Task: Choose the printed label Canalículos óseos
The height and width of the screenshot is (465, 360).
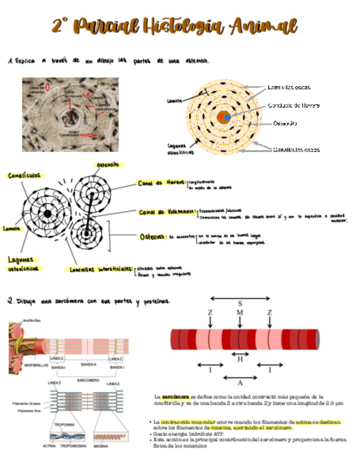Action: (296, 149)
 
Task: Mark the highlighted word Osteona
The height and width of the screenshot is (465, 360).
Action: (153, 237)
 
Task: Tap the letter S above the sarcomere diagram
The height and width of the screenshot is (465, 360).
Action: (240, 303)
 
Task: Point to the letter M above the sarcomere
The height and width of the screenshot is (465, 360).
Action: (240, 313)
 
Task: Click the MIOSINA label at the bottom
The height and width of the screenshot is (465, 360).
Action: (100, 446)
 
